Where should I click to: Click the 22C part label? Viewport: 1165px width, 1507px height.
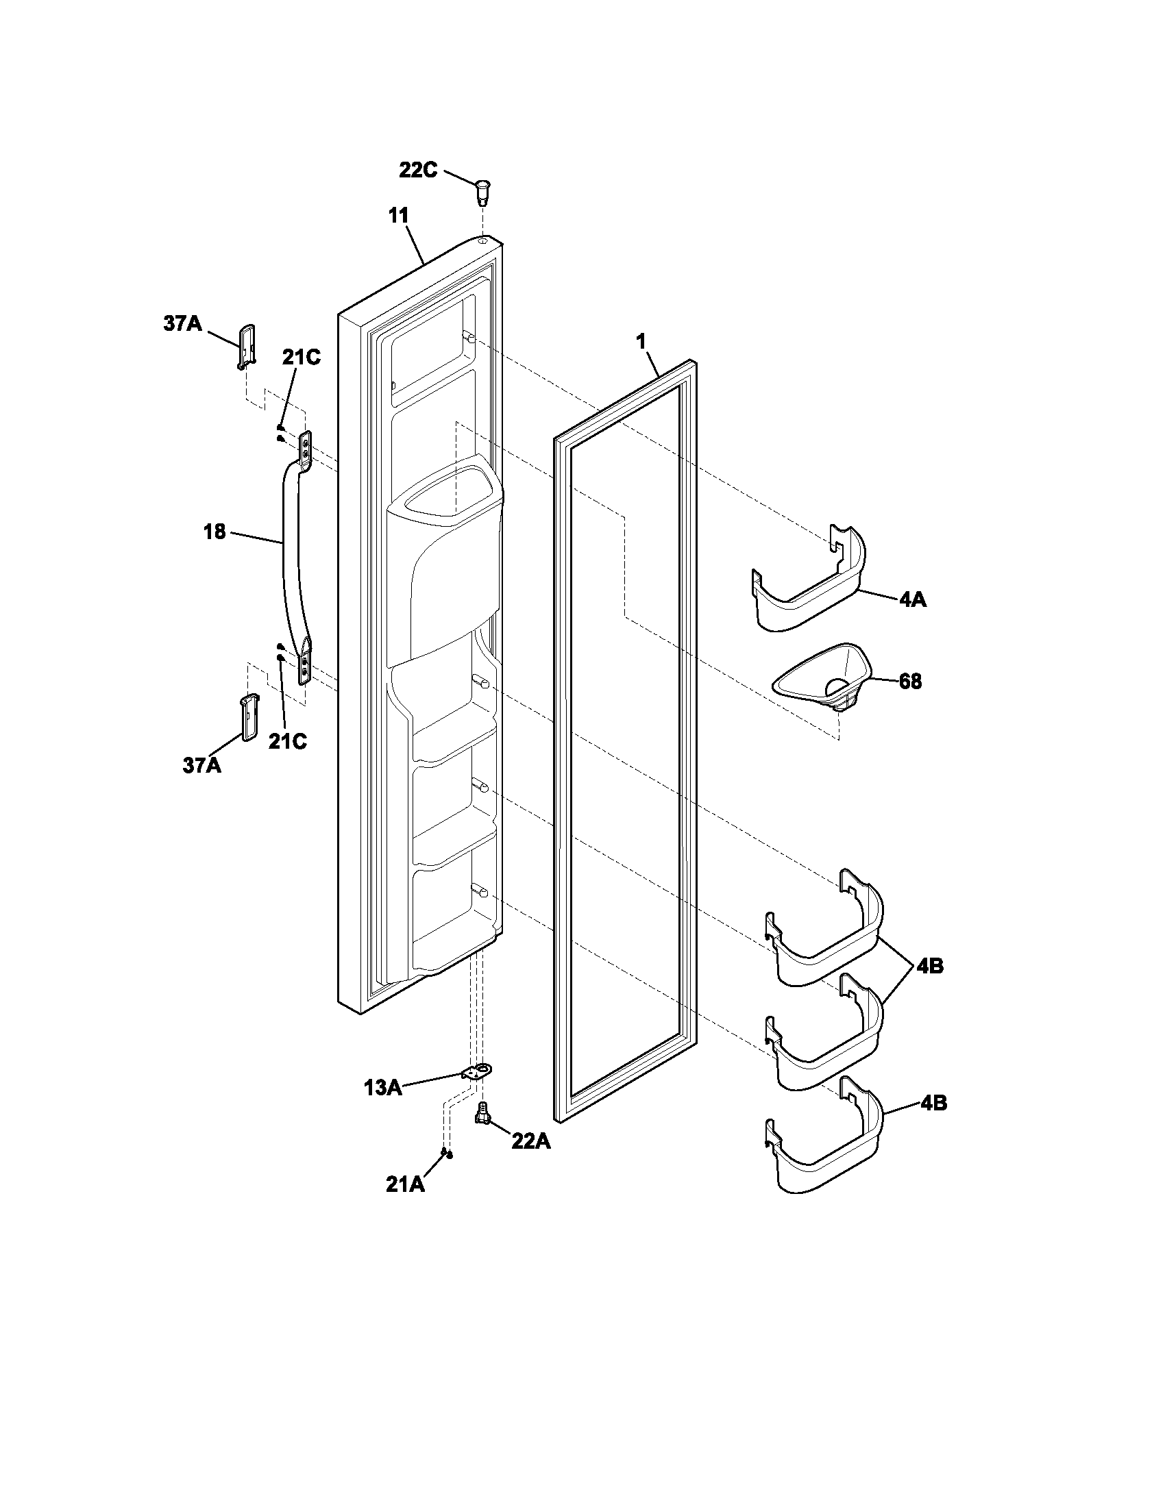417,170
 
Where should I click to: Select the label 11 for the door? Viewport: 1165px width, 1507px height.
398,215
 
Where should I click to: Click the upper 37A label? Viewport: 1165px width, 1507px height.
182,323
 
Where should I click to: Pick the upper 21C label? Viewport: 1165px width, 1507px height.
301,358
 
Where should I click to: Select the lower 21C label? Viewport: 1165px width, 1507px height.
287,741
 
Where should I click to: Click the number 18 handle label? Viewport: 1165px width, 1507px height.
214,532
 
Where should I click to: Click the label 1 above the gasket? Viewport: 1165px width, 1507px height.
641,340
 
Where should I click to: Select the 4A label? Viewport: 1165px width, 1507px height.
912,600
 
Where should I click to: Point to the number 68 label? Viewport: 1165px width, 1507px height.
910,682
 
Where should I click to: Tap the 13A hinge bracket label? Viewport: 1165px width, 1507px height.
382,1088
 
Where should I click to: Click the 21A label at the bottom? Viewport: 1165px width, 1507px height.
405,1184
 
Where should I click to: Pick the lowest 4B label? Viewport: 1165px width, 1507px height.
933,1104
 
